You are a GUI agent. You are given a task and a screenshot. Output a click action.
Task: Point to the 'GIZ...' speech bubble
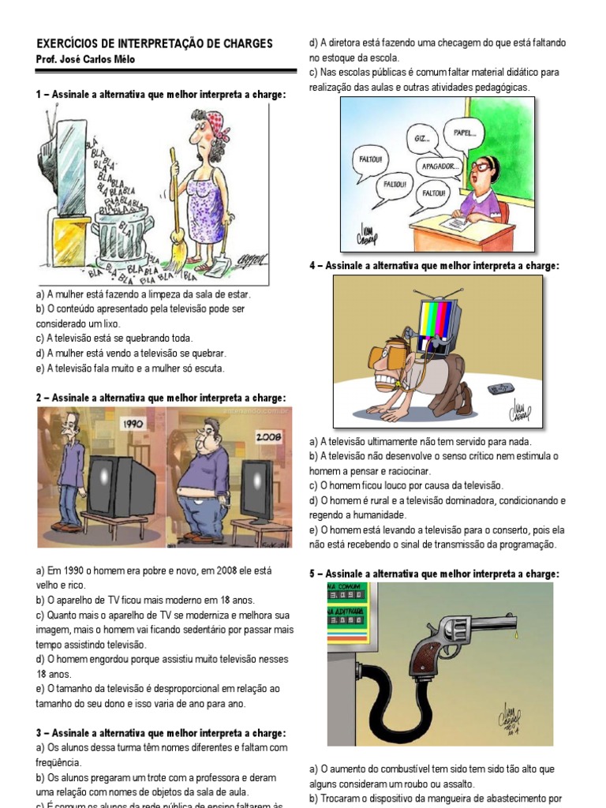[x=422, y=138]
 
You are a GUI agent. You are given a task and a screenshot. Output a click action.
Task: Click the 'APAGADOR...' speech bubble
[x=440, y=166]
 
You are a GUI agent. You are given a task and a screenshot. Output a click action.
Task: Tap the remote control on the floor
[x=499, y=388]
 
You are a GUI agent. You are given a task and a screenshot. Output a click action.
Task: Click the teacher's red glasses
[x=481, y=166]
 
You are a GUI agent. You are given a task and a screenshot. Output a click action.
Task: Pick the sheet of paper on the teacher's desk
[x=458, y=225]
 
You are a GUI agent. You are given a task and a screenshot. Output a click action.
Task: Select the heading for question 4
[x=434, y=266]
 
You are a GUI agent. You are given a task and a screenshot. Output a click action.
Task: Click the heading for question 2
[x=161, y=398]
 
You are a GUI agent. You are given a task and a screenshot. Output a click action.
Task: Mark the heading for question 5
[x=434, y=574]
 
